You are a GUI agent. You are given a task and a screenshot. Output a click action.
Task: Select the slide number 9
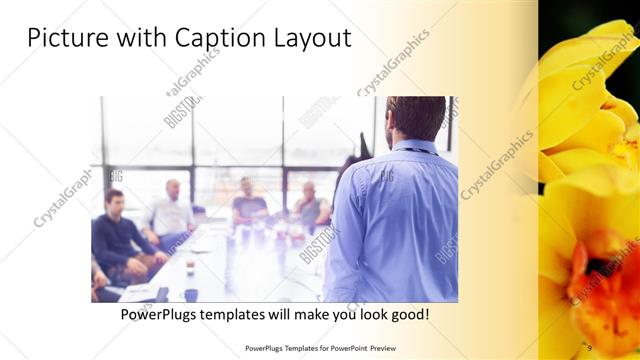coord(589,347)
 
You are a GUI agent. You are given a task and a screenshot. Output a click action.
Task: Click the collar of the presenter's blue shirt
coord(412,147)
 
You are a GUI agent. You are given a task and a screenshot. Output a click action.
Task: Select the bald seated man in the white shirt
coord(172,212)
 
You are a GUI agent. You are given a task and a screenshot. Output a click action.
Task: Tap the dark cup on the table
coord(190,294)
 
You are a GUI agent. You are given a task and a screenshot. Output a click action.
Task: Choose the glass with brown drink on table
coord(189,268)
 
